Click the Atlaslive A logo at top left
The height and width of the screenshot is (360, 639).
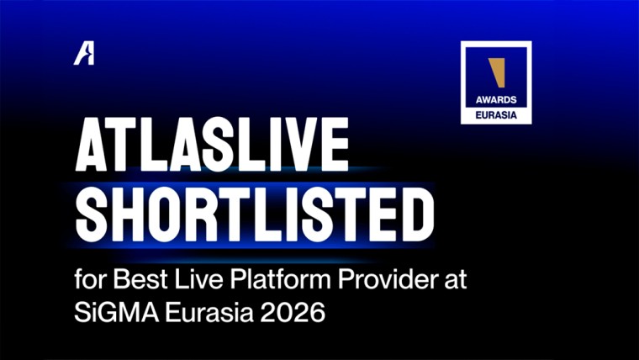pos(83,53)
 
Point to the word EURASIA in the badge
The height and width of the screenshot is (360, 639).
pos(495,113)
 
